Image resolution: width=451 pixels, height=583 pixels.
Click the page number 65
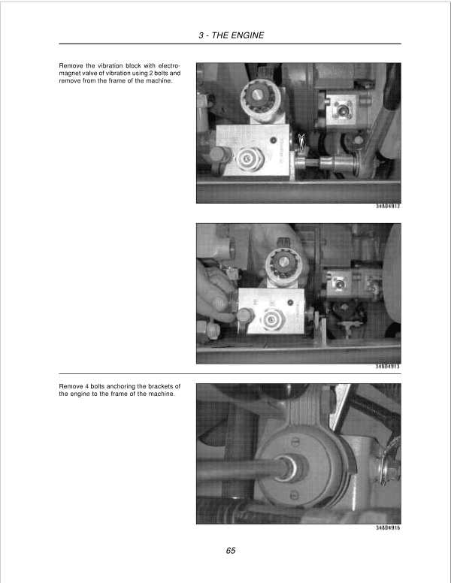pos(231,551)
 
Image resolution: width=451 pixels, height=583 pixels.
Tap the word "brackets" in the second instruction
pos(159,387)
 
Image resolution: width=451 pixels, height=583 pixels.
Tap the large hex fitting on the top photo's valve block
pos(247,159)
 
